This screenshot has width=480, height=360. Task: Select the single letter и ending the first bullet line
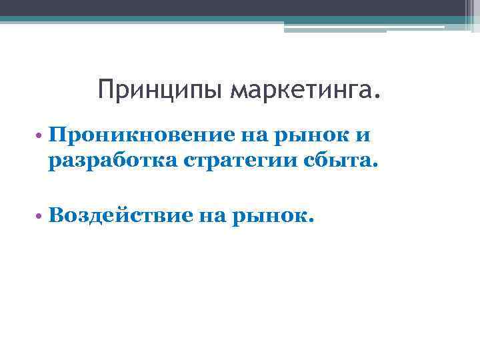pos(363,136)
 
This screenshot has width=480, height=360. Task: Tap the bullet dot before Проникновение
pos(41,137)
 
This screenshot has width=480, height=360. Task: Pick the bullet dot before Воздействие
pos(41,216)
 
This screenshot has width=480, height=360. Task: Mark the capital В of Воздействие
pos(56,214)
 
